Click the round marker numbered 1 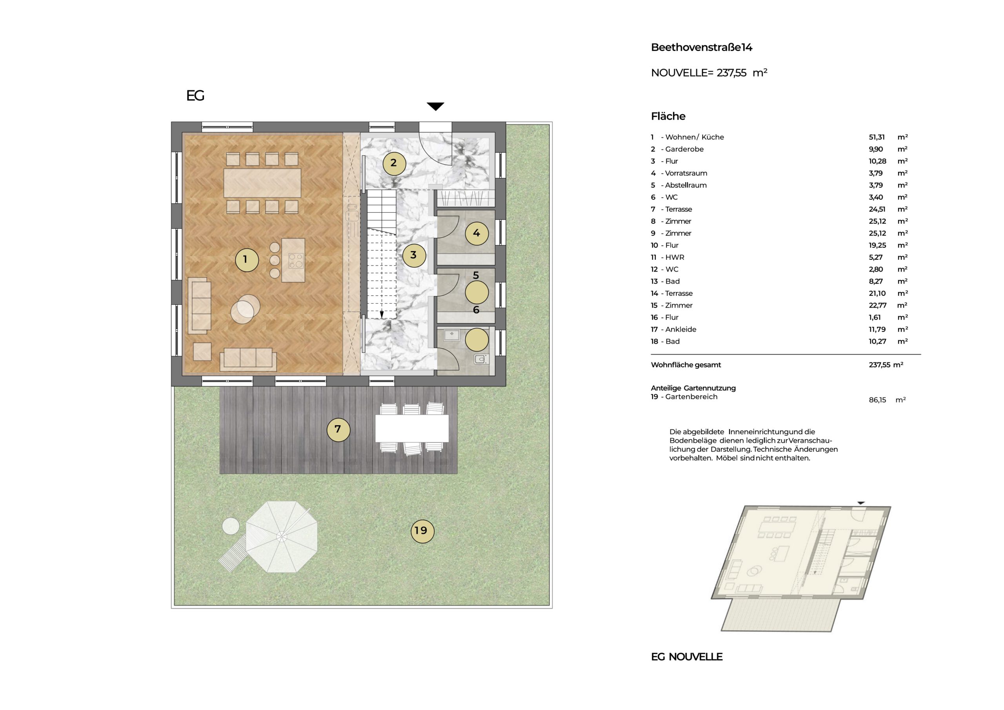pyautogui.click(x=247, y=260)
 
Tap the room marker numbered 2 pyautogui.click(x=394, y=164)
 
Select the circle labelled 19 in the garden pyautogui.click(x=422, y=531)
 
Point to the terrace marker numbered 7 pyautogui.click(x=338, y=430)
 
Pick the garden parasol pyautogui.click(x=281, y=537)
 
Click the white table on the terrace pyautogui.click(x=411, y=428)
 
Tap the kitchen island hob pyautogui.click(x=296, y=261)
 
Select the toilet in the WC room pyautogui.click(x=480, y=359)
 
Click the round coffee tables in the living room pyautogui.click(x=245, y=309)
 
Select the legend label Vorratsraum pyautogui.click(x=686, y=173)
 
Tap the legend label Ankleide pyautogui.click(x=680, y=330)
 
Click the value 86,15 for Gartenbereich pyautogui.click(x=877, y=400)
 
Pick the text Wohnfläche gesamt pyautogui.click(x=686, y=365)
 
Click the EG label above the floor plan pyautogui.click(x=195, y=96)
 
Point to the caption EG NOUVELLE pyautogui.click(x=687, y=657)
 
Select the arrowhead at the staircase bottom pyautogui.click(x=382, y=315)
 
